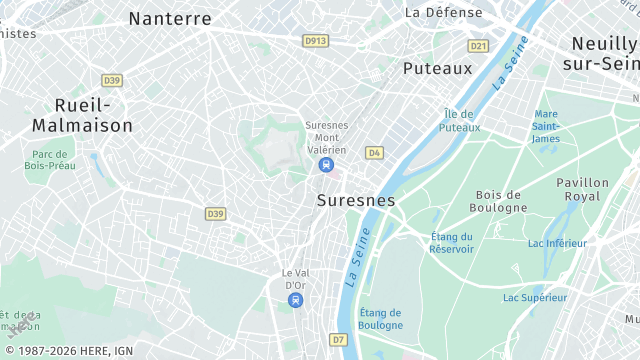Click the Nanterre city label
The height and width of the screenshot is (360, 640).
tap(170, 18)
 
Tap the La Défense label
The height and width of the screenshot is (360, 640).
tap(443, 13)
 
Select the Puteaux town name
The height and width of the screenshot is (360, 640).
tap(437, 68)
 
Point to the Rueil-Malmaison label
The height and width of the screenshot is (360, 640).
tap(82, 116)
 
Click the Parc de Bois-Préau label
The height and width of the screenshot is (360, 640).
tap(49, 160)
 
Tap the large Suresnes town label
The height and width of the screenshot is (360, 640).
tap(356, 200)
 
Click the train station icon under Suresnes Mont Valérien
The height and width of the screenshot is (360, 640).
tap(325, 165)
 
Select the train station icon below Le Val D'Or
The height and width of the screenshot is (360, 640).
tap(294, 300)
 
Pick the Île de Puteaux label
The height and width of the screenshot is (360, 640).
tap(460, 121)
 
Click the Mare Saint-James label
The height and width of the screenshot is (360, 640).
tap(546, 126)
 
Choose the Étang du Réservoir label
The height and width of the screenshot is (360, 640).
tap(452, 242)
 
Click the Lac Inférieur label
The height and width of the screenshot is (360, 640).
tap(557, 243)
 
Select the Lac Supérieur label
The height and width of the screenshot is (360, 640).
tap(535, 297)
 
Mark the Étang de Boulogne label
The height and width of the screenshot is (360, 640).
tap(381, 318)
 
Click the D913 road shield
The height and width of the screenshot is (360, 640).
tap(315, 40)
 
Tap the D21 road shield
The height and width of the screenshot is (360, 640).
tap(478, 46)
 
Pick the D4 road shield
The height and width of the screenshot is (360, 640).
tap(374, 152)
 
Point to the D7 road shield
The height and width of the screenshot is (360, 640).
tap(339, 340)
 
